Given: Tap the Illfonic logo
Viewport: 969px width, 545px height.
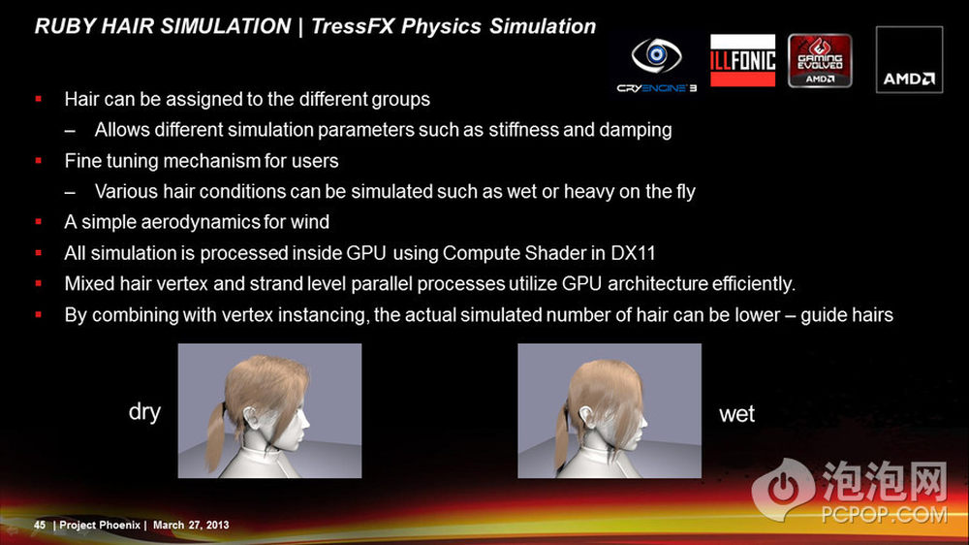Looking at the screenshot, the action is tap(742, 60).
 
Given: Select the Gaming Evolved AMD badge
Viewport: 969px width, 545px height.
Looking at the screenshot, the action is tap(820, 61).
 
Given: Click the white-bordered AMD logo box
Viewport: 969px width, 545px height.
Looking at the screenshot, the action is tap(909, 59).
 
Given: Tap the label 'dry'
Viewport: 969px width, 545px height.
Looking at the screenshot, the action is tap(144, 412).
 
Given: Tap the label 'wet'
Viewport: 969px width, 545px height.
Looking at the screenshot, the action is tap(736, 414).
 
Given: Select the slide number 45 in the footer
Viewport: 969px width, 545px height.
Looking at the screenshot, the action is tap(40, 526).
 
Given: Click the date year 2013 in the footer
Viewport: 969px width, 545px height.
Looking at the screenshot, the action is tap(217, 526).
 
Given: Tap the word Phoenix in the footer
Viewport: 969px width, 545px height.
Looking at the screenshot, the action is tap(120, 526).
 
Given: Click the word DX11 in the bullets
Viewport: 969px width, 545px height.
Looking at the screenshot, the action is tap(633, 253).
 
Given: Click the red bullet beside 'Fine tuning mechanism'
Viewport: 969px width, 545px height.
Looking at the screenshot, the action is tap(39, 161).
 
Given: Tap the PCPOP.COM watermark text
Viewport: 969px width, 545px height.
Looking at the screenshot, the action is tap(885, 514).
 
